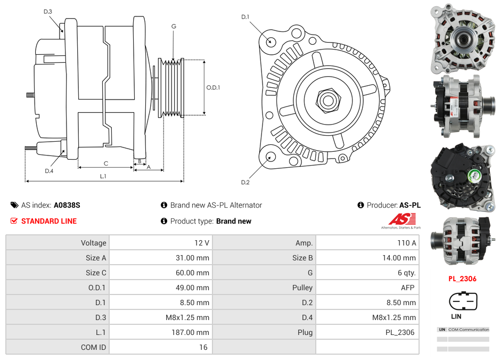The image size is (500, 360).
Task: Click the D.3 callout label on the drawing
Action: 48,11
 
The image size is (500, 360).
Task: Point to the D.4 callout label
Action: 49,171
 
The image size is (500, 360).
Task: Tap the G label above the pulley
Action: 174,26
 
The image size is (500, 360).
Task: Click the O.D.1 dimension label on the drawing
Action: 213,88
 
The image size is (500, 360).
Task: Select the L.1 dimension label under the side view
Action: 103,176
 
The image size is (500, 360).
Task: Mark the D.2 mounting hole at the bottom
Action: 270,157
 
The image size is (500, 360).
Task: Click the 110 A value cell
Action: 407,243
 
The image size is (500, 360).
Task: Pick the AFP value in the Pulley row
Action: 408,288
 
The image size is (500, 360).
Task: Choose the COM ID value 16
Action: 203,347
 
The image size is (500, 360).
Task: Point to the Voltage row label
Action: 93,243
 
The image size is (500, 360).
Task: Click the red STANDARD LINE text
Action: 48,221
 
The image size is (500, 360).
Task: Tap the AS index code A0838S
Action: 67,205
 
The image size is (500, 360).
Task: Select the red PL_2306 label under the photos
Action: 462,279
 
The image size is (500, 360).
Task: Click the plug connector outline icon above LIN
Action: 463,301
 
